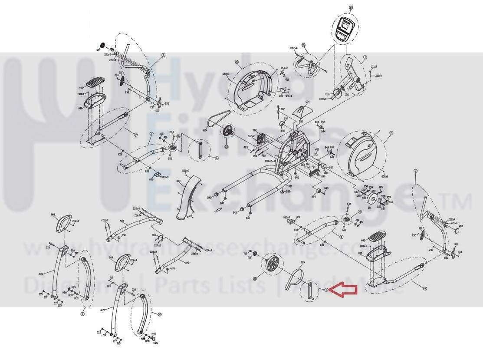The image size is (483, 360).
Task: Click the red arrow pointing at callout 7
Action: click(x=343, y=290)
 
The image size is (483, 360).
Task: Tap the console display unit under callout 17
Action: click(x=345, y=30)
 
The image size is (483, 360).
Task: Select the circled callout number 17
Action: click(x=351, y=8)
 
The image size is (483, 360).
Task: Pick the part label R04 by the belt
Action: click(x=205, y=129)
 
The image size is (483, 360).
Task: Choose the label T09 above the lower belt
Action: click(x=302, y=263)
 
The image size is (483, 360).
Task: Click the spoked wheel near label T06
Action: click(x=273, y=264)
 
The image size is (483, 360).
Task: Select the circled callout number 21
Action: click(x=391, y=133)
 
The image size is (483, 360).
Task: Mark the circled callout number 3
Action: click(x=163, y=55)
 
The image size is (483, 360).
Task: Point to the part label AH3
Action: click(x=187, y=263)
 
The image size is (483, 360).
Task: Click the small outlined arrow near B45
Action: click(x=217, y=209)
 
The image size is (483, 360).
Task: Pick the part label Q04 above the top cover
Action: click(x=307, y=102)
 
